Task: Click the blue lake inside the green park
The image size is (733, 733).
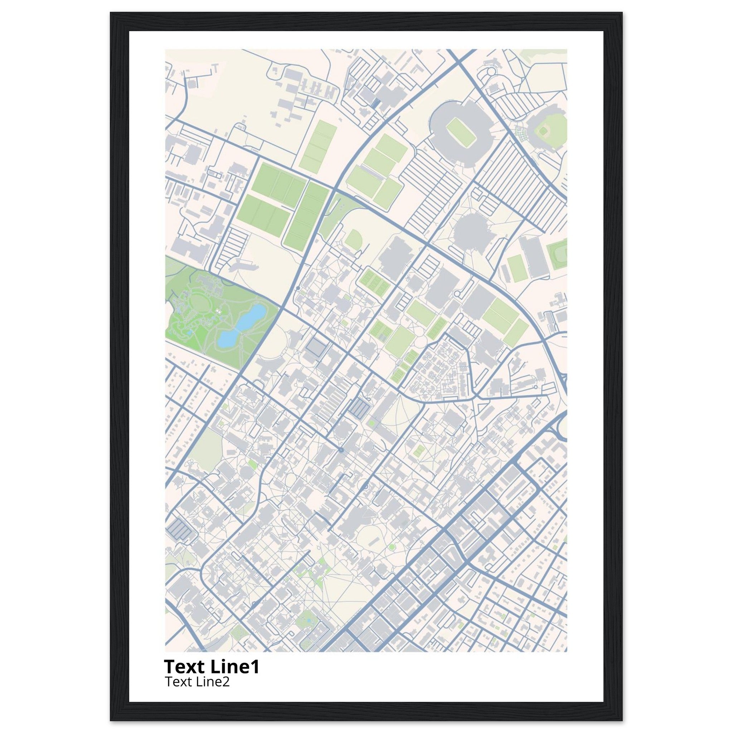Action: point(241,326)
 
